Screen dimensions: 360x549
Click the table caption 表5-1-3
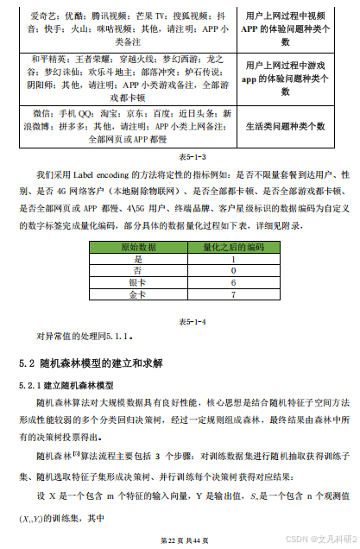point(180,157)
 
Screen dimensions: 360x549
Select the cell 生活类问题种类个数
point(285,125)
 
